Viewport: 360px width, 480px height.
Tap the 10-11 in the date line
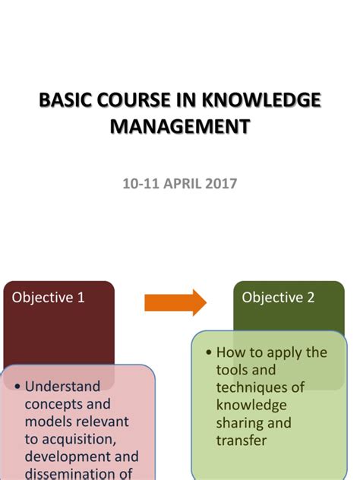[139, 183]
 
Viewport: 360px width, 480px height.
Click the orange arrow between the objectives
[175, 302]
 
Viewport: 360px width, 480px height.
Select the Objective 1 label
[49, 298]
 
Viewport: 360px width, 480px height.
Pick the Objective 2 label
[278, 298]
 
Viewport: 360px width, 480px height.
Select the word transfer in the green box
[240, 440]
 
